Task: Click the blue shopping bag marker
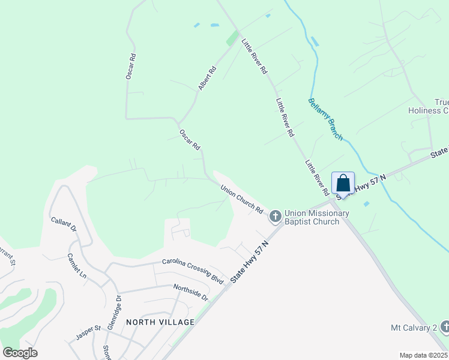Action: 343,182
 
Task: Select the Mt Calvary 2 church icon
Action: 445,327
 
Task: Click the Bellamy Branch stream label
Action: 325,119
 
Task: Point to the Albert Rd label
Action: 207,79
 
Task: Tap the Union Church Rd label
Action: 242,199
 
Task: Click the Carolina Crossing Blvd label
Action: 193,271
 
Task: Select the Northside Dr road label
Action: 190,293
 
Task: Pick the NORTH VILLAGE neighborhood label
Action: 160,322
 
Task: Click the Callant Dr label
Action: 64,225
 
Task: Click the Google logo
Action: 20,353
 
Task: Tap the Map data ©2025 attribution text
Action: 423,355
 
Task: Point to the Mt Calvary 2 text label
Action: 413,328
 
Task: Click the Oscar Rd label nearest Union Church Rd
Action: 189,139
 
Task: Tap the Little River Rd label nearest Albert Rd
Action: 255,56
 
